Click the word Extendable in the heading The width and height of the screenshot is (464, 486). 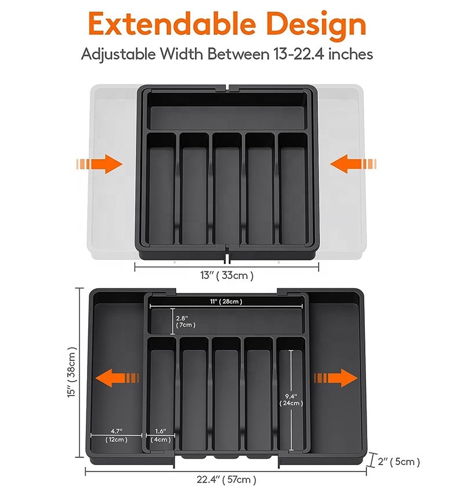pos(172,24)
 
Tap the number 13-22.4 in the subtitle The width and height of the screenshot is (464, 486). pos(299,54)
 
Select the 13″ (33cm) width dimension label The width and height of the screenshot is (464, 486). pos(227,275)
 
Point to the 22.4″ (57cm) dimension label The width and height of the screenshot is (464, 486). pos(226,479)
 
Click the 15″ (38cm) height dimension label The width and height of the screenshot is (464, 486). pos(71,372)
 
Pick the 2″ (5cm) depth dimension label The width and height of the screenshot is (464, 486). pos(399,462)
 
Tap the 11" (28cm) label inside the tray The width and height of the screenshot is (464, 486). pos(226,301)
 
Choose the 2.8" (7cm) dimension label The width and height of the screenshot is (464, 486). pos(186,321)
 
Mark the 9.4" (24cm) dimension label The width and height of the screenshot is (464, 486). pos(291,400)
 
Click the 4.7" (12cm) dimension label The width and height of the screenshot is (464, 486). pos(117,435)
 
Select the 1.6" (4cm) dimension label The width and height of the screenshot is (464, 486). pos(161,435)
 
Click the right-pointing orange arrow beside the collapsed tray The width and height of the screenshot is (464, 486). pos(99,164)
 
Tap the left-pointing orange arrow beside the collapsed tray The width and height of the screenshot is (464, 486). pos(353,164)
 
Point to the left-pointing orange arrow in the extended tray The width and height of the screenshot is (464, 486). pos(117,378)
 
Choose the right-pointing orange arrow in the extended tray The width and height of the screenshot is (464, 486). pos(336,378)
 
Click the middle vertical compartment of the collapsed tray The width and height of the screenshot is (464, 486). pos(227,188)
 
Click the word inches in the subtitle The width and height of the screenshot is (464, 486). pos(350,54)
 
